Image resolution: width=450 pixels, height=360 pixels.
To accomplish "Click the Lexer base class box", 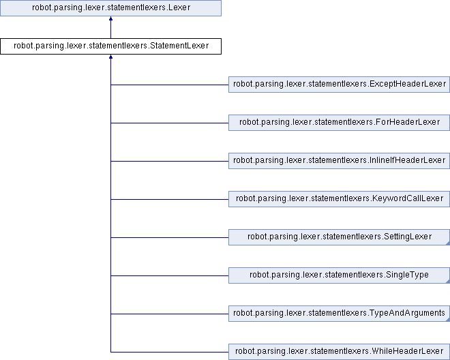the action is pyautogui.click(x=110, y=7).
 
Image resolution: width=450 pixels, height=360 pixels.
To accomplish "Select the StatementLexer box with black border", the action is pyautogui.click(x=110, y=46).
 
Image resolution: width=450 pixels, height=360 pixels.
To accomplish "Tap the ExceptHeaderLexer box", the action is pyautogui.click(x=340, y=85).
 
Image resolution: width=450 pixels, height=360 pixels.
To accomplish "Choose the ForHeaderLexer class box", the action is pyautogui.click(x=340, y=123).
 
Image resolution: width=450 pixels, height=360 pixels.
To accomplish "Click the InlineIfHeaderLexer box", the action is pyautogui.click(x=340, y=161).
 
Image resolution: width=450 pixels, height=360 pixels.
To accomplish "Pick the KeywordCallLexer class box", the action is pyautogui.click(x=340, y=199).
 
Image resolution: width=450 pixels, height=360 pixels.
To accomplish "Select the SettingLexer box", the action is pyautogui.click(x=340, y=237).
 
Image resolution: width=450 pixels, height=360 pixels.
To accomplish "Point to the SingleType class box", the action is pyautogui.click(x=340, y=275).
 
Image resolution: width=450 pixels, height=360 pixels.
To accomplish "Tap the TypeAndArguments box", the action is pyautogui.click(x=340, y=314).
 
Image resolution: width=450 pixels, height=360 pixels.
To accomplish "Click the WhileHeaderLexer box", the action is pyautogui.click(x=340, y=352).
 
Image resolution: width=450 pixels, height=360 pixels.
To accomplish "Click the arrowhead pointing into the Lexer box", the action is pyautogui.click(x=110, y=18).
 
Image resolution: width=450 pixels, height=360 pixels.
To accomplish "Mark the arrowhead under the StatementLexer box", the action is pyautogui.click(x=110, y=57).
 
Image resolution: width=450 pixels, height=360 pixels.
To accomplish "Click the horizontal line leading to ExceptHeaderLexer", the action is pyautogui.click(x=170, y=85).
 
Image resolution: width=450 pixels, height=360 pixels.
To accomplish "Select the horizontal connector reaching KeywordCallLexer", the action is pyautogui.click(x=170, y=199).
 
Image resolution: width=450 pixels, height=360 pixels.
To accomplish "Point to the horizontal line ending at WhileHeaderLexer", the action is pyautogui.click(x=170, y=352).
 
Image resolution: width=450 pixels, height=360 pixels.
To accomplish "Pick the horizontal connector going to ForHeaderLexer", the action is pyautogui.click(x=170, y=123).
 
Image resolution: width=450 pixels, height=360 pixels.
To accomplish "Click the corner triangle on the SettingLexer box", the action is pyautogui.click(x=448, y=243).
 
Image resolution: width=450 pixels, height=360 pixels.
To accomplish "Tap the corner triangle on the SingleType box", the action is pyautogui.click(x=448, y=282).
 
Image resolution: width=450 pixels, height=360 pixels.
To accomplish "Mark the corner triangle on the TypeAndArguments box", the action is pyautogui.click(x=448, y=320).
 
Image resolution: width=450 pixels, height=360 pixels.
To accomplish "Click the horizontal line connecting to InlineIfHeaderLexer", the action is pyautogui.click(x=170, y=161).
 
